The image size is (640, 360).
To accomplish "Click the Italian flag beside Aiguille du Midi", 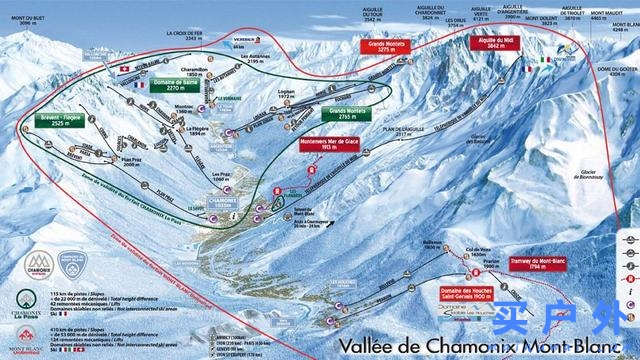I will coord(546,60).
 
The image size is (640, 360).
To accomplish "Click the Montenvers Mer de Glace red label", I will coord(339,146).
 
